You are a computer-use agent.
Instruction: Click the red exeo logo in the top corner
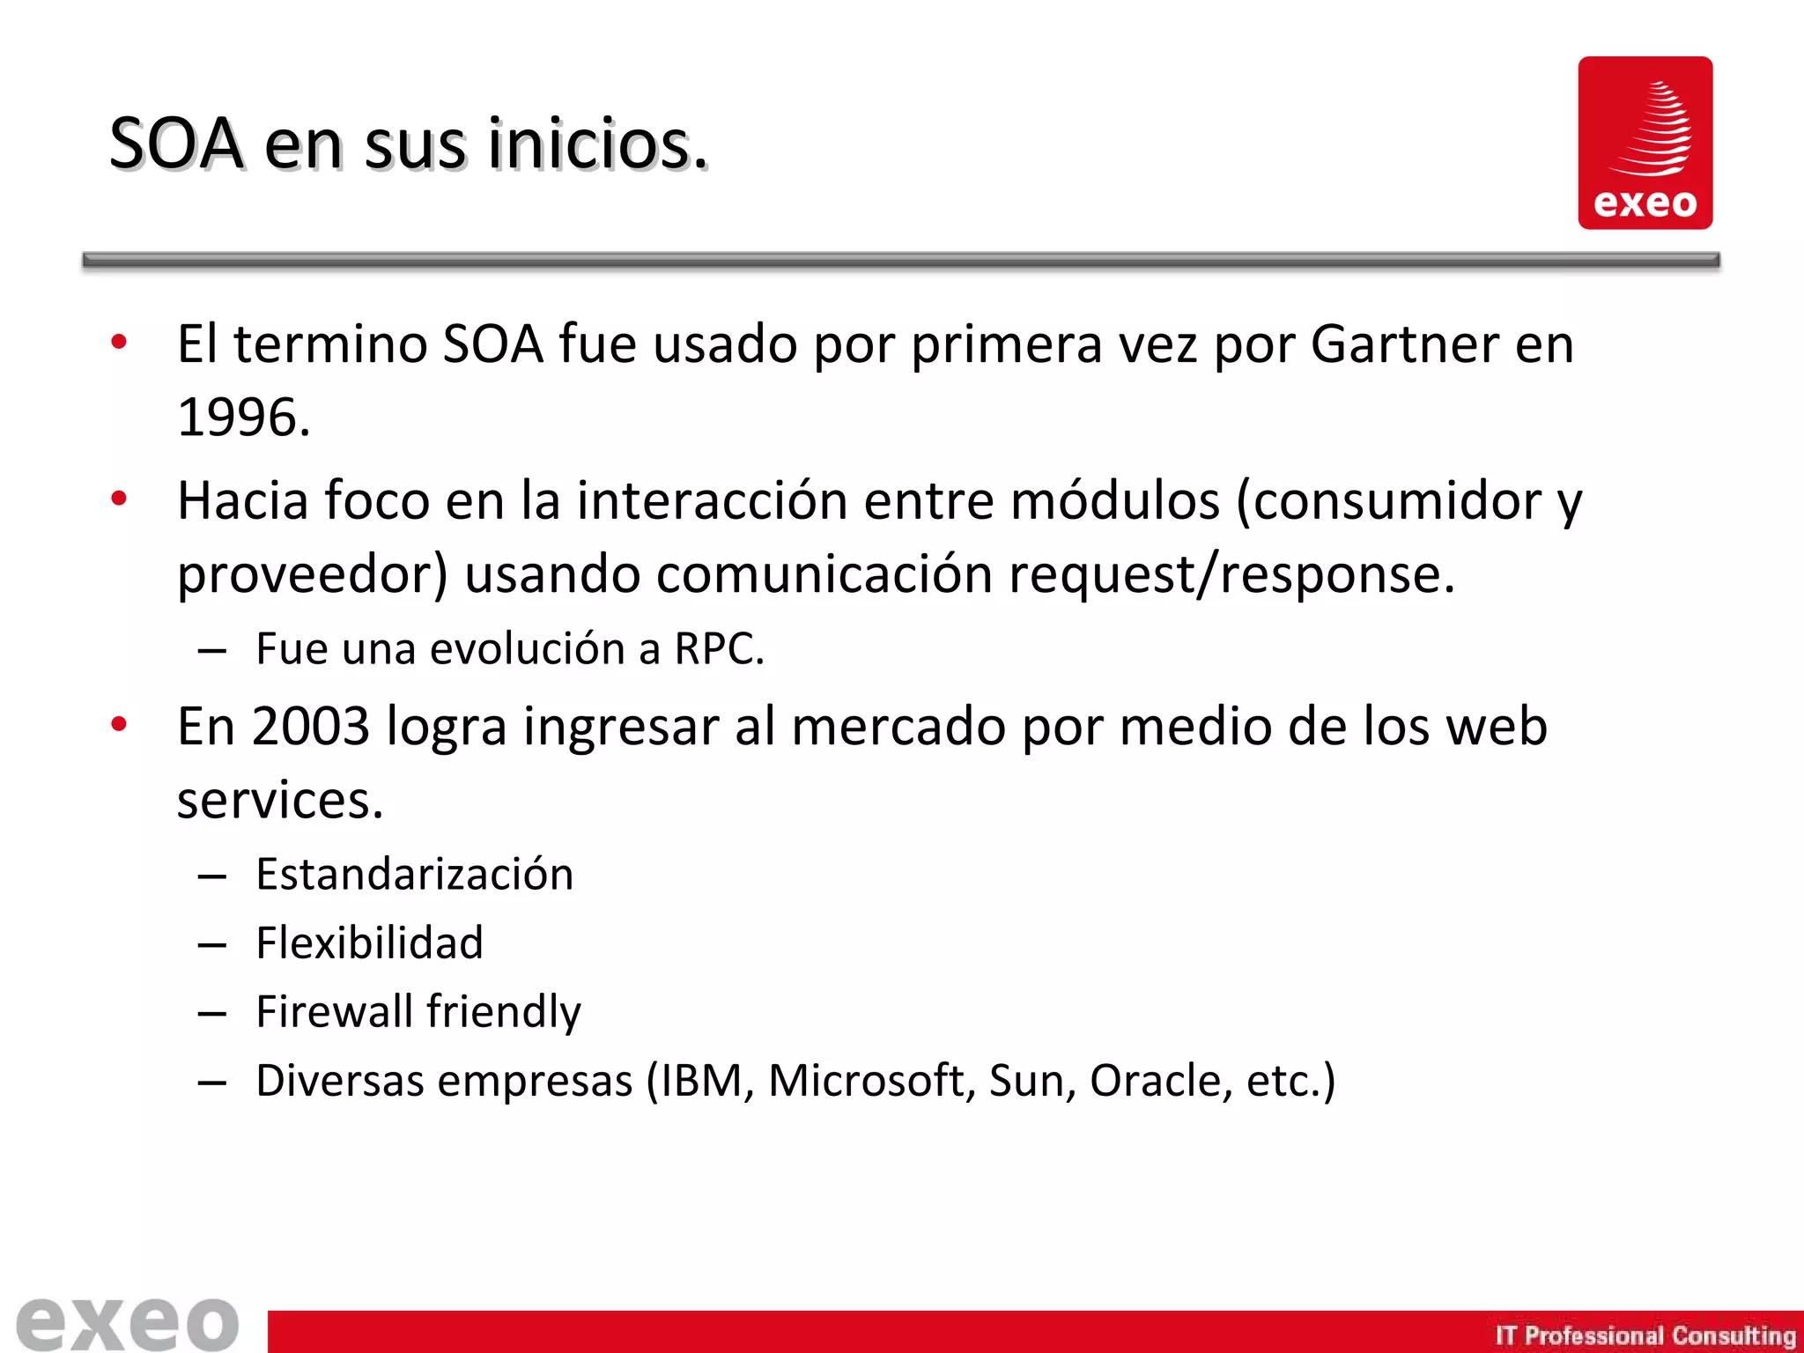click(x=1645, y=143)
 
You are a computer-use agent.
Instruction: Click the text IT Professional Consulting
click(x=1645, y=1335)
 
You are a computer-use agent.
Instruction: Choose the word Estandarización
click(x=414, y=875)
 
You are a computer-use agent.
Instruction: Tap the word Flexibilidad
click(x=369, y=943)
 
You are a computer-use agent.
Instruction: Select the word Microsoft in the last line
click(x=866, y=1081)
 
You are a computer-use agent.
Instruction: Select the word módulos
click(x=1114, y=501)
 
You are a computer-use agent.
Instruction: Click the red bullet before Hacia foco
click(x=119, y=499)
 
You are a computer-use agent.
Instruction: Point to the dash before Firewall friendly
click(x=212, y=1014)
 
